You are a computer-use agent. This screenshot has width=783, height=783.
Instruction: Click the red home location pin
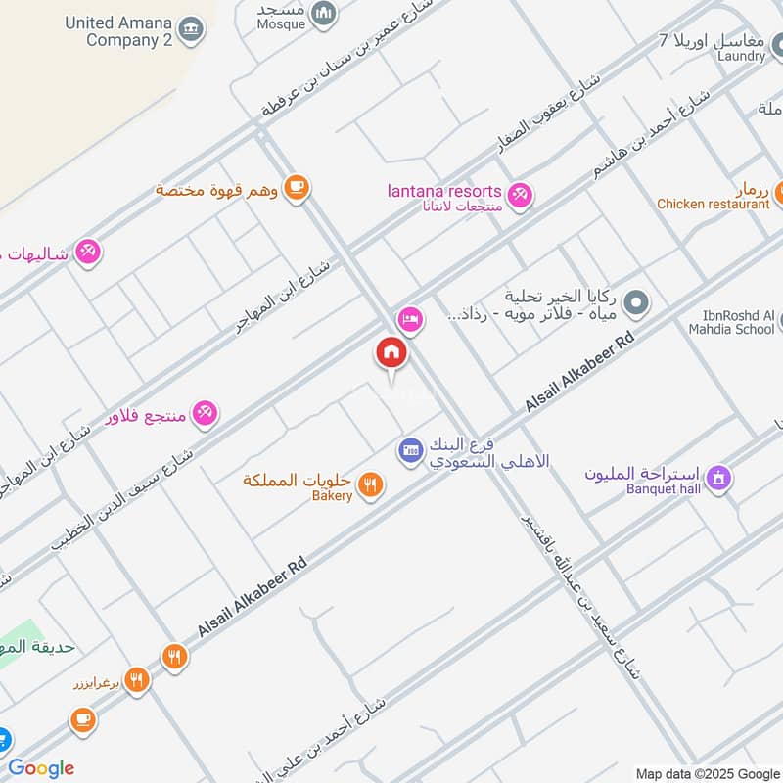[x=391, y=354]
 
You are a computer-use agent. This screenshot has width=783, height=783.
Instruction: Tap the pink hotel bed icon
[x=410, y=319]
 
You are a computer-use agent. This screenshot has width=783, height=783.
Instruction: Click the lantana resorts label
[x=445, y=191]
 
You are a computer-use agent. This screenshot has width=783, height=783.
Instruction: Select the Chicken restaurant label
[x=713, y=204]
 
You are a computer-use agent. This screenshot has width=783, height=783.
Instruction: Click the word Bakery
[x=332, y=496]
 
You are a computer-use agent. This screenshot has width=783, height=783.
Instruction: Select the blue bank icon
[x=410, y=451]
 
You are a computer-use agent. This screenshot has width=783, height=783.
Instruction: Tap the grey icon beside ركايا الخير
[x=637, y=303]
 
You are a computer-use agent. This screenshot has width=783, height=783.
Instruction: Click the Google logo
[x=41, y=768]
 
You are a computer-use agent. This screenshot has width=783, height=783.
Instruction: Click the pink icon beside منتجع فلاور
[x=205, y=414]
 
